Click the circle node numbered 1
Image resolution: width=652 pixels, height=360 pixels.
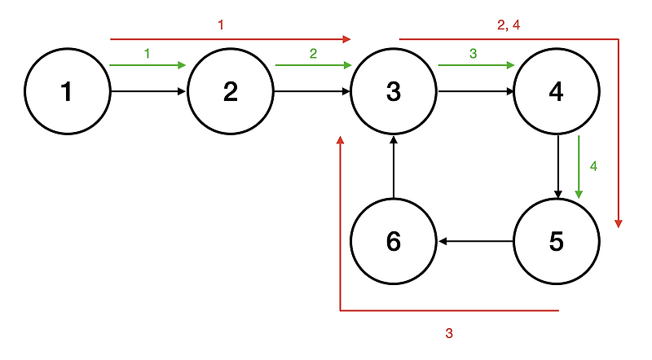pos(67,92)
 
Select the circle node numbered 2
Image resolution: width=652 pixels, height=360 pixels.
pos(230,92)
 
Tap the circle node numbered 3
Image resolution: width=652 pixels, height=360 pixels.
pos(393,92)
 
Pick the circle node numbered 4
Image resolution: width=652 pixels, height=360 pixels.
pos(557,92)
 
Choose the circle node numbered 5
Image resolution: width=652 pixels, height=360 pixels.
pos(557,241)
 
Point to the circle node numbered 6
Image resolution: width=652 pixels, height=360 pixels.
pos(393,241)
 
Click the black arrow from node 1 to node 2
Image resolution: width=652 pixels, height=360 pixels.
pos(148,92)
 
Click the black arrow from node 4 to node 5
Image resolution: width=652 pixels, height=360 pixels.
pos(557,167)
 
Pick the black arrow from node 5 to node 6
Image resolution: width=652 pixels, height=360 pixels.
pos(475,241)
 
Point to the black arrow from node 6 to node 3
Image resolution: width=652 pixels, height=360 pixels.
pos(394,167)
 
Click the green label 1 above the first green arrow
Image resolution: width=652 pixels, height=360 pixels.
pos(147,53)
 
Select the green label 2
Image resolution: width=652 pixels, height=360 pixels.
pos(312,53)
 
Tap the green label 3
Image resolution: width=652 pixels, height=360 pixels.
pos(473,53)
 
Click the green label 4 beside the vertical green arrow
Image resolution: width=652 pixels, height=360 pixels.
pos(593,166)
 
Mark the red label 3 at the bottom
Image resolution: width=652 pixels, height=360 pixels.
pos(448,333)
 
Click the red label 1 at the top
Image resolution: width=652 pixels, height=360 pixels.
pos(220,25)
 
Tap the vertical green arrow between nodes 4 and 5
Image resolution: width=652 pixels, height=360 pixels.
pos(579,167)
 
